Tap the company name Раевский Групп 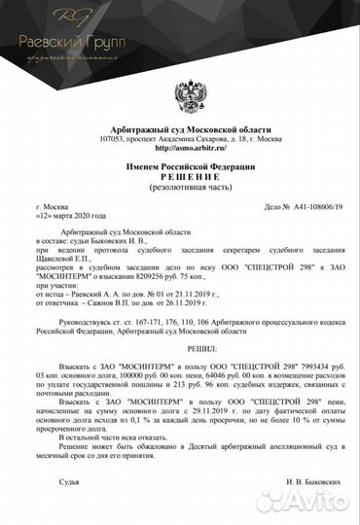61,41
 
